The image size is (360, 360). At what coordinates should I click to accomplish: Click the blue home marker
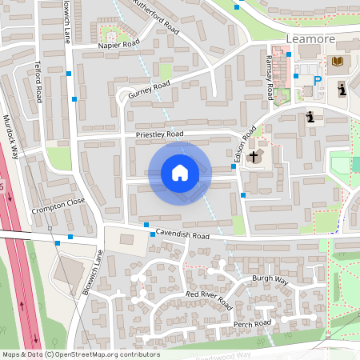tap(180, 173)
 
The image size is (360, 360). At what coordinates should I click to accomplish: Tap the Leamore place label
tap(308, 38)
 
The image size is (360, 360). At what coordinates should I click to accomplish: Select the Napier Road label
tap(118, 46)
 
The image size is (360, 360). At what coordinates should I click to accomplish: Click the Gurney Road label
tap(149, 87)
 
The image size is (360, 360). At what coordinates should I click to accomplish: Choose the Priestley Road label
tap(159, 134)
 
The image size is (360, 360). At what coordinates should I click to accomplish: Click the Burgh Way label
tap(270, 279)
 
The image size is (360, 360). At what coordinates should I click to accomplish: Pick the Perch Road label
tap(253, 323)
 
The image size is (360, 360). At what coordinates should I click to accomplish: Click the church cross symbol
tap(255, 156)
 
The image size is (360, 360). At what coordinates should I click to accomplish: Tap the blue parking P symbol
tap(317, 81)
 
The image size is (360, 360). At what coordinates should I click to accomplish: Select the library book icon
tap(337, 61)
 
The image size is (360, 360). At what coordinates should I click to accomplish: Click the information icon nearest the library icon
tap(342, 88)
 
